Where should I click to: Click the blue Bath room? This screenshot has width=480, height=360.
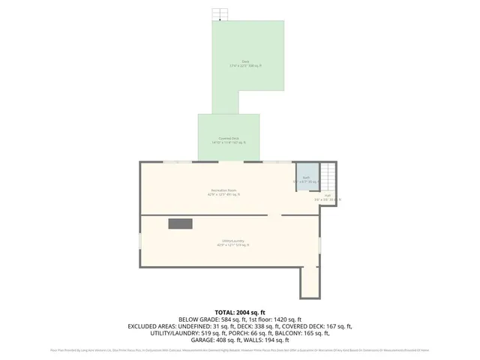305,180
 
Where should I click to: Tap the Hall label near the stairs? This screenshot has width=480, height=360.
327,199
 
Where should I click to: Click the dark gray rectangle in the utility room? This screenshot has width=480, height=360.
180,223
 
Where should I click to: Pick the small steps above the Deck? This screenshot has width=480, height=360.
220,14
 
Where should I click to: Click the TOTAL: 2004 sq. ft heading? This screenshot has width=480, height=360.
240,312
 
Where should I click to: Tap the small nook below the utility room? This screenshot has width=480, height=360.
310,283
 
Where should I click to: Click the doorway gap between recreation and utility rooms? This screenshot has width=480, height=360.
274,215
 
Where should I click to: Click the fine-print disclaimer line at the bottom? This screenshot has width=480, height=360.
240,350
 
